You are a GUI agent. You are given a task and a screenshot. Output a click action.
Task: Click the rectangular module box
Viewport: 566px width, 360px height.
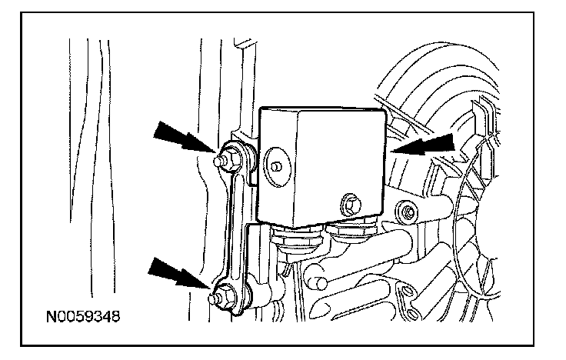[x=323, y=165]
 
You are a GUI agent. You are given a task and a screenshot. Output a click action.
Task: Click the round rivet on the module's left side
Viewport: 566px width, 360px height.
[x=275, y=163]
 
